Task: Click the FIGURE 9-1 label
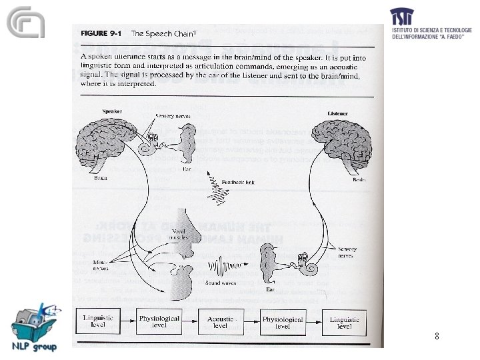click(x=103, y=33)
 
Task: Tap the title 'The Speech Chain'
click(x=160, y=33)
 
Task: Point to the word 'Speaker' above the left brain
click(x=93, y=111)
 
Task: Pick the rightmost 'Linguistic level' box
click(x=344, y=322)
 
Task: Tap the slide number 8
click(x=436, y=337)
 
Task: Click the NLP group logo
click(x=34, y=327)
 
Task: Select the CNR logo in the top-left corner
click(x=26, y=24)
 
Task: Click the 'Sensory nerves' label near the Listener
click(x=347, y=251)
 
